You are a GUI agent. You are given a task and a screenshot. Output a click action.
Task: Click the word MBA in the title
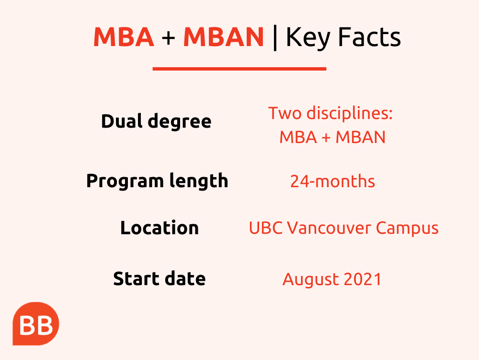(x=124, y=37)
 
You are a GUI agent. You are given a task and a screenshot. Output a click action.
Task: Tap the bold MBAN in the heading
(x=223, y=37)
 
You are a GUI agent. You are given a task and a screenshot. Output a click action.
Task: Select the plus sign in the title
(x=168, y=38)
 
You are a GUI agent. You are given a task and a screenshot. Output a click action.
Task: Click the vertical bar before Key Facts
(x=275, y=38)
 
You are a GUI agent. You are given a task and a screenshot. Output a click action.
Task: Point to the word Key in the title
(x=308, y=38)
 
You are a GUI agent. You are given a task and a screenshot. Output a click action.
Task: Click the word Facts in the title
(x=369, y=37)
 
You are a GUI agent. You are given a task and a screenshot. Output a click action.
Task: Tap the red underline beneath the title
(x=239, y=69)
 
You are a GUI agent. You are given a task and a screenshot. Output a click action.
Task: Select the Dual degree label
(x=156, y=121)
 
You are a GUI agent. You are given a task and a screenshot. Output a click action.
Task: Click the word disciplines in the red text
(x=349, y=114)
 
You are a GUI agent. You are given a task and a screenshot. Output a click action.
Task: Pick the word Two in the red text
(x=285, y=113)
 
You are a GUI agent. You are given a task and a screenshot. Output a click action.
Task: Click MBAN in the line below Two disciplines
(x=361, y=137)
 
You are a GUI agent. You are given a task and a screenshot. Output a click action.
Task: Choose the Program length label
(x=157, y=181)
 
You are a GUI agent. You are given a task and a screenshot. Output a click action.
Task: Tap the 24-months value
(x=332, y=181)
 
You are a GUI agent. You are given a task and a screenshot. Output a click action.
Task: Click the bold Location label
(x=160, y=228)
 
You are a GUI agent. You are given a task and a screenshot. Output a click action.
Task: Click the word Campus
(x=407, y=228)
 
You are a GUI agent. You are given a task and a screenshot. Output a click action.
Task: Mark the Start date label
(x=159, y=278)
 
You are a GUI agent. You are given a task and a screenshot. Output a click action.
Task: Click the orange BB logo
(x=36, y=324)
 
